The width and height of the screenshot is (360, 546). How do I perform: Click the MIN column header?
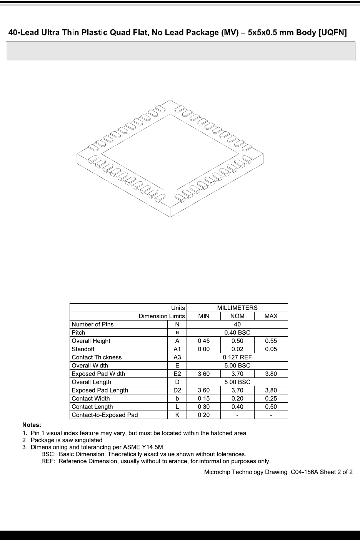pos(203,316)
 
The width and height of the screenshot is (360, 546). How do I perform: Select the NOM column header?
pos(237,316)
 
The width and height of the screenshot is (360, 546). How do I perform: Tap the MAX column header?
pos(271,316)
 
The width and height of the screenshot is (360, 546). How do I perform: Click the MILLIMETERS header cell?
pos(237,308)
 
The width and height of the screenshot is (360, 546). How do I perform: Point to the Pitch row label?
pos(78,332)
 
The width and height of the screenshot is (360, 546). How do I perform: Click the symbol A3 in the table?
pos(177,357)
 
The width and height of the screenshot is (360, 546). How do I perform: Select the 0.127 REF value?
pos(237,357)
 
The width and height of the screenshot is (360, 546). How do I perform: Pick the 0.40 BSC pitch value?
pos(237,332)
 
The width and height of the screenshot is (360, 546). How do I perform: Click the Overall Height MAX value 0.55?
pos(271,341)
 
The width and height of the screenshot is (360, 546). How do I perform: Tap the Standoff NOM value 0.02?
pos(237,349)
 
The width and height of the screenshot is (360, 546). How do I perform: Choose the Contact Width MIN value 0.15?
pos(203,399)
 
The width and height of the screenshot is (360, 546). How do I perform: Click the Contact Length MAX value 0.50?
pos(271,407)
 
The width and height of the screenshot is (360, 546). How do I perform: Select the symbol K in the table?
pos(177,415)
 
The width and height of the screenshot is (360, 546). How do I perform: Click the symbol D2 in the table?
pos(177,390)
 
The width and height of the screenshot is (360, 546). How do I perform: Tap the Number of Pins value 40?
pos(237,324)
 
